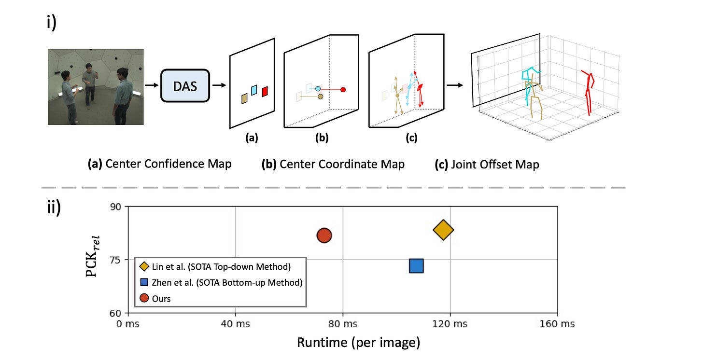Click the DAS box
tap(185, 85)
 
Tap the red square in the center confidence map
tap(265, 92)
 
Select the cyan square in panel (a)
tap(254, 90)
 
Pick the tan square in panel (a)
tap(244, 98)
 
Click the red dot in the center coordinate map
tap(343, 90)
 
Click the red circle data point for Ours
tap(324, 235)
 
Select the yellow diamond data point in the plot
tap(443, 230)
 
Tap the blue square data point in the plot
tap(417, 265)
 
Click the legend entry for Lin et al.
tap(215, 266)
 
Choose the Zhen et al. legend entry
tap(221, 282)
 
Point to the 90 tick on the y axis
tap(115, 207)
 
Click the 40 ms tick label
tap(236, 324)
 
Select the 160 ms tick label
tap(557, 324)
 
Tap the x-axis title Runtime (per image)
tap(358, 343)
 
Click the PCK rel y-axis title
tap(93, 256)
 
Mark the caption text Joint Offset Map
tap(495, 165)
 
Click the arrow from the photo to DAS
tap(152, 85)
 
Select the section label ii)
tap(54, 207)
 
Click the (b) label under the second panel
tap(322, 138)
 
